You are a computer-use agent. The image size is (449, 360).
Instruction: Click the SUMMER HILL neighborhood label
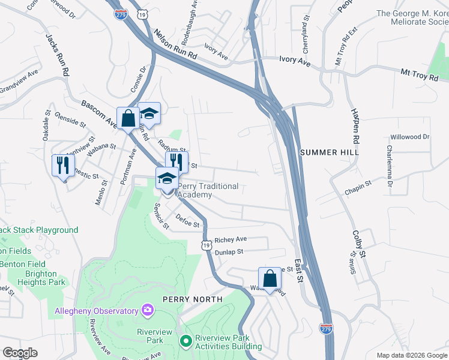click(x=329, y=152)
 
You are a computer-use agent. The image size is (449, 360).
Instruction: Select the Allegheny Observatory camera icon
click(x=147, y=310)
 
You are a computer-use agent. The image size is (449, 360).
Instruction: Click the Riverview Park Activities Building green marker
click(x=186, y=341)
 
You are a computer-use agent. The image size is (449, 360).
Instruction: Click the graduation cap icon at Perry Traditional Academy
click(x=167, y=178)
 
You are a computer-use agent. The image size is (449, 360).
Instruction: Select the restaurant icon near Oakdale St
click(x=63, y=164)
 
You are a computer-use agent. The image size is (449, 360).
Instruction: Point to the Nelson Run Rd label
click(x=175, y=45)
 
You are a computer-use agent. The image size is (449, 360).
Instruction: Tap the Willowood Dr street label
click(x=410, y=137)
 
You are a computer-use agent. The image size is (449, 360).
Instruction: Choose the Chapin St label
click(x=358, y=188)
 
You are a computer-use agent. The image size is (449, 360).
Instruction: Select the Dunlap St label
click(x=229, y=253)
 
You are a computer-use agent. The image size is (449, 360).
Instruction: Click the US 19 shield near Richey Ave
click(x=206, y=244)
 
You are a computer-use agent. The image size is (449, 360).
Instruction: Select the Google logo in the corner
click(x=20, y=353)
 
